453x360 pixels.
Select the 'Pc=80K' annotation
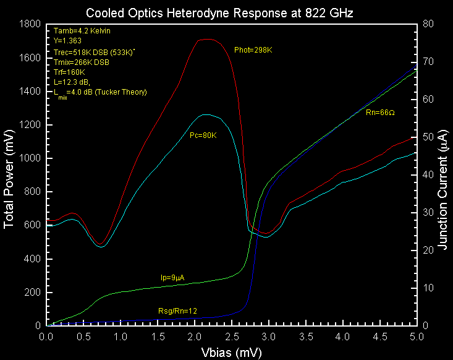[203, 135]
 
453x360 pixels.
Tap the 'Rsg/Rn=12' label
[178, 310]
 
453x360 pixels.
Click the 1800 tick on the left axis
[30, 24]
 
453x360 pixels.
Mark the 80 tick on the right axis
[426, 24]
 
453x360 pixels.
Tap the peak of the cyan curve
[206, 114]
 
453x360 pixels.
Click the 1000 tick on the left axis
[30, 158]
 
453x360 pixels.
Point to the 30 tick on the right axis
[426, 212]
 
